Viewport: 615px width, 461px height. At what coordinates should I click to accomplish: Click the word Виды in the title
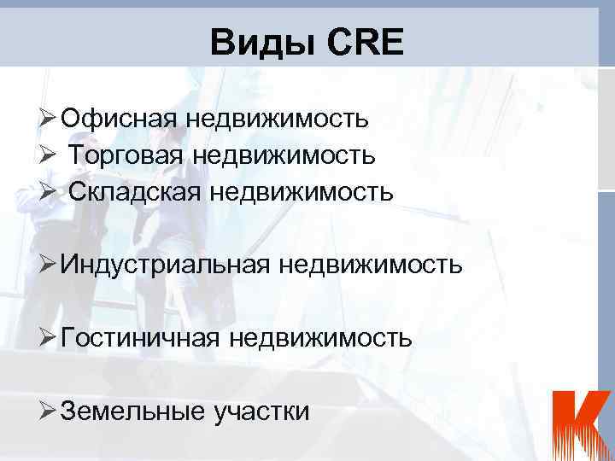pos(261,41)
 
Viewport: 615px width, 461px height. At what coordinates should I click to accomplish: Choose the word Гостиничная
pos(141,338)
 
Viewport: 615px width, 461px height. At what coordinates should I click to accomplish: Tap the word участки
pos(261,411)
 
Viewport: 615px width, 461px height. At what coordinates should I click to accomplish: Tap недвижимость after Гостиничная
pos(321,338)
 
